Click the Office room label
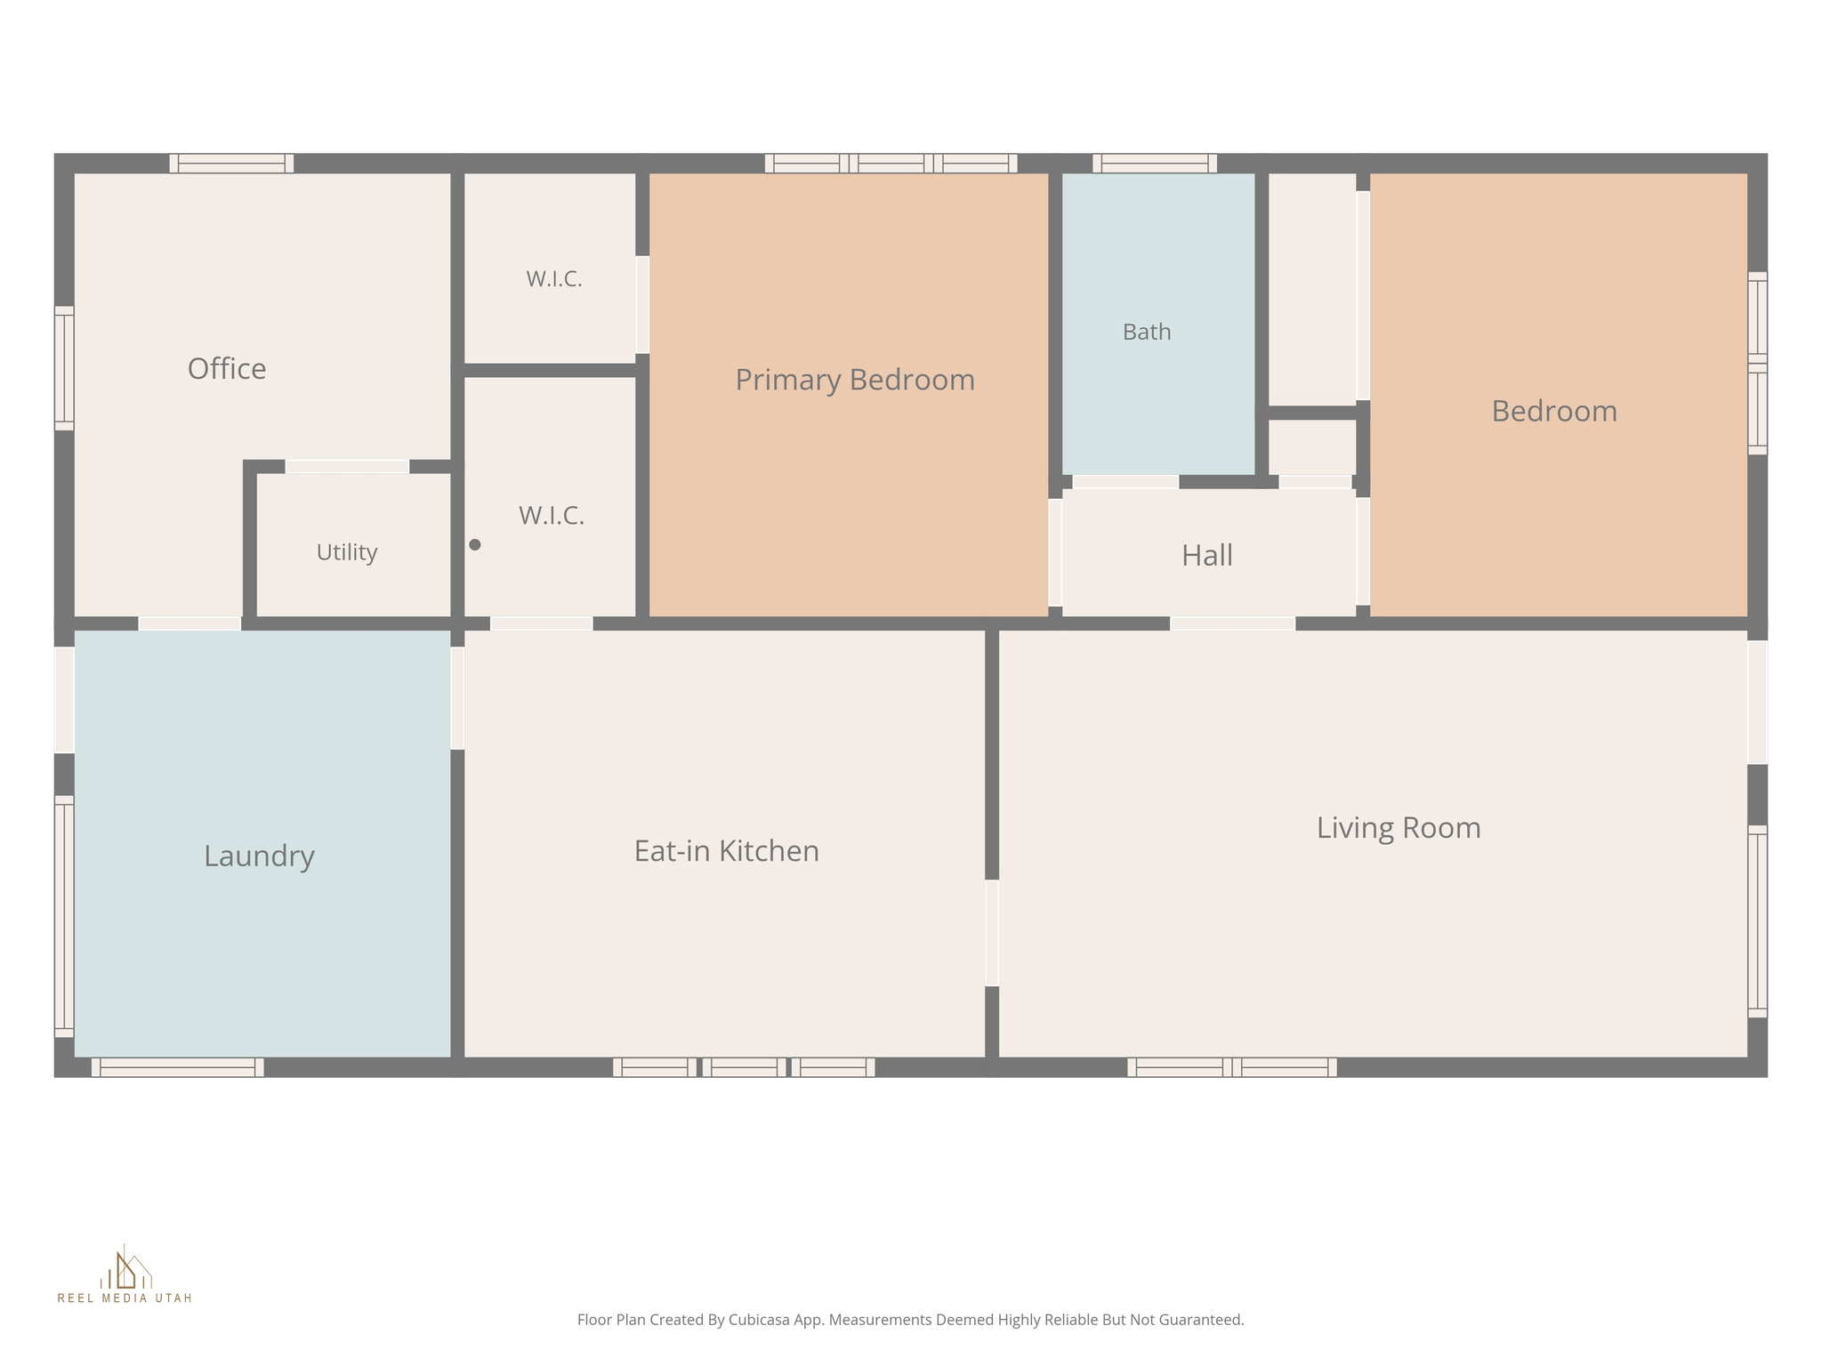227,368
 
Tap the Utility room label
347,552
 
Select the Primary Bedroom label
855,380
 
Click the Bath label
1147,332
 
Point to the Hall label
1207,555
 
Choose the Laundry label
259,856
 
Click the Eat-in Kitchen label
726,851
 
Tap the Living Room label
1399,828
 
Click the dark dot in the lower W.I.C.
475,544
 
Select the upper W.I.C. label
554,279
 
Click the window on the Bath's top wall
1155,163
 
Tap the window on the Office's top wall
231,163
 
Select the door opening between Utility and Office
347,466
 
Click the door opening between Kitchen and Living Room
992,933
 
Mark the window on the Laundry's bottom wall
178,1067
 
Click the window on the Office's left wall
64,368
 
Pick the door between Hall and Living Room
1232,623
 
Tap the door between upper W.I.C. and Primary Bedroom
642,305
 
